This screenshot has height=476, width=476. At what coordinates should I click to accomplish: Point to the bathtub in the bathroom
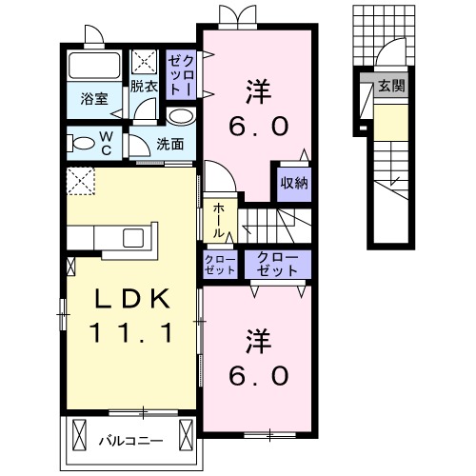tap(93, 66)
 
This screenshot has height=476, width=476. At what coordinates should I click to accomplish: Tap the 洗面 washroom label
tap(170, 146)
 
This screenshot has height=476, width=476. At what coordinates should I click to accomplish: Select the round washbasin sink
tap(178, 115)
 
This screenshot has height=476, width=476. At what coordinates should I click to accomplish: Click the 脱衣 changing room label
tap(144, 86)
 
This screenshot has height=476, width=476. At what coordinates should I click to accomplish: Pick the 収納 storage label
tap(293, 184)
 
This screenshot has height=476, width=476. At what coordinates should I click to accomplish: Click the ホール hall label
tap(218, 219)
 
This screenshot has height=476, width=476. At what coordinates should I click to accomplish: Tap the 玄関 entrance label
tap(390, 86)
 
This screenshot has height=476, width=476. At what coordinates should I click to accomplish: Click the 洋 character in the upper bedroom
tap(256, 92)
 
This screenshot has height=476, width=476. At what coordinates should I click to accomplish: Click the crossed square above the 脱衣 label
tap(146, 63)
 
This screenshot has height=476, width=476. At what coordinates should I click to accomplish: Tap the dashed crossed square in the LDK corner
tap(80, 179)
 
